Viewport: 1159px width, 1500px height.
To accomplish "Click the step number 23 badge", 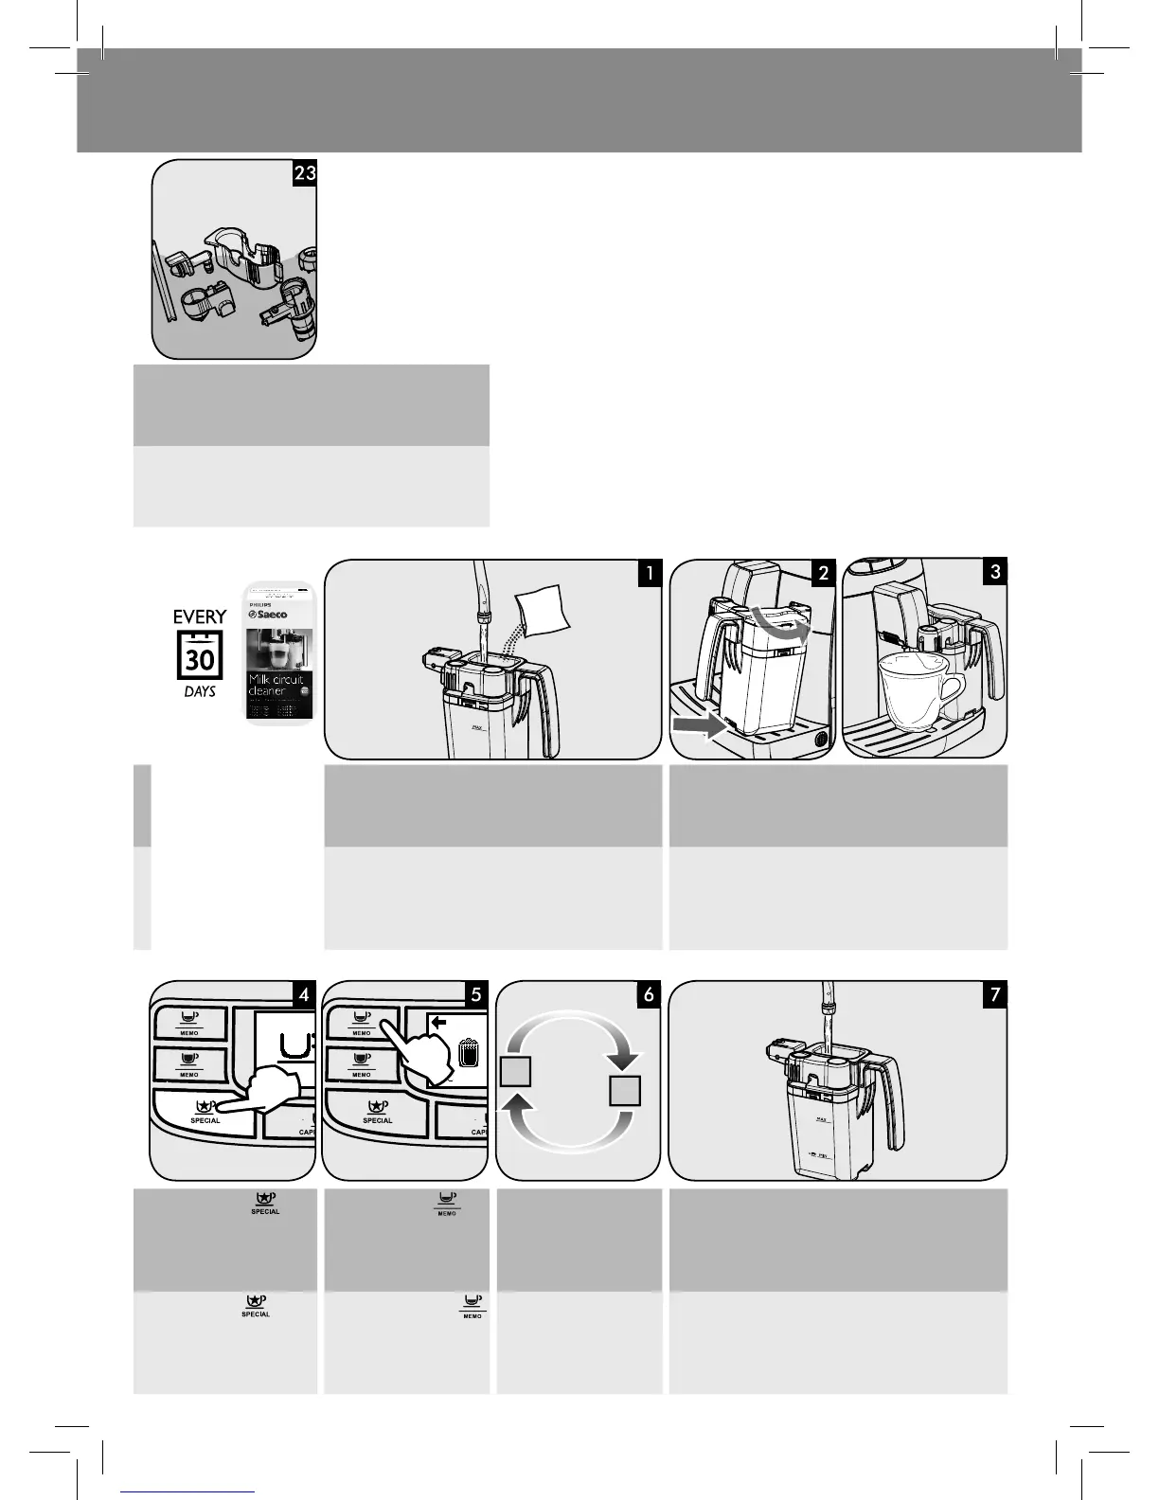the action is point(304,174).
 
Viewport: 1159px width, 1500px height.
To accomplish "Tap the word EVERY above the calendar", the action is point(200,617).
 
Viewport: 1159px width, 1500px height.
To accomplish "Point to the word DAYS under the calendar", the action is point(200,691).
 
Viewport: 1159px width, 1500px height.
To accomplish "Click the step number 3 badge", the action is point(994,572).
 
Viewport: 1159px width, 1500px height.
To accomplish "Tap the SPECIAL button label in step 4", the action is point(205,1120).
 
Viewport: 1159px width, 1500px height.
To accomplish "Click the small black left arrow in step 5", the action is point(437,1022).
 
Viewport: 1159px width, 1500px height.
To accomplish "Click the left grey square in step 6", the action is point(514,1073).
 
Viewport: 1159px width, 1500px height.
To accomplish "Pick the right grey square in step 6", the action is point(625,1090).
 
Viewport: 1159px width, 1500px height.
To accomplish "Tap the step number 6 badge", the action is point(649,994).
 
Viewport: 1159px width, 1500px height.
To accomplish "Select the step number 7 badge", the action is point(994,994).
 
